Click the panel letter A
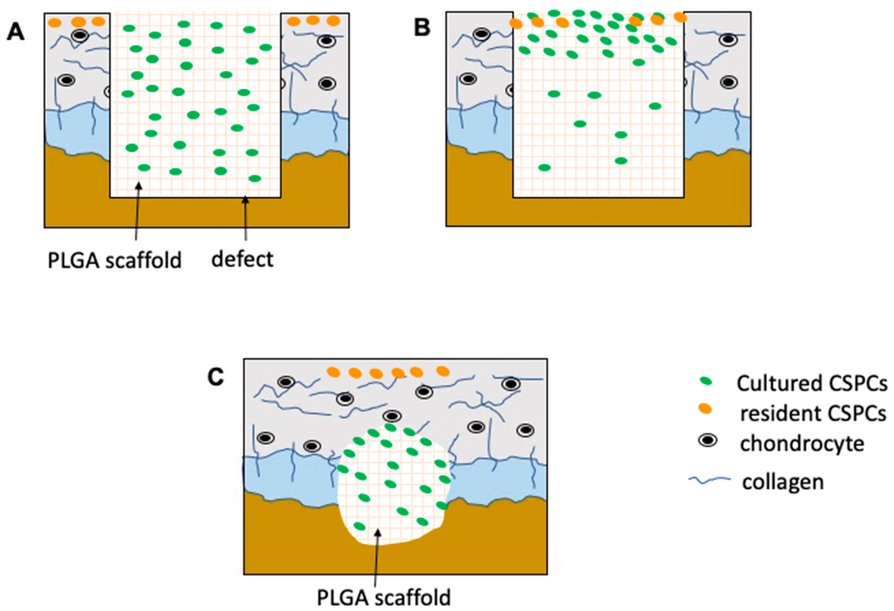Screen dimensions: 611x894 16,32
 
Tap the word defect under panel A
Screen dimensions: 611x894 242,259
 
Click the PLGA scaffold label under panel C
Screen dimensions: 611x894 383,598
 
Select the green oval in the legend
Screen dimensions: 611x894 706,381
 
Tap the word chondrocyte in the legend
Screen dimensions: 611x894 802,444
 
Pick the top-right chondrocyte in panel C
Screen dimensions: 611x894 511,384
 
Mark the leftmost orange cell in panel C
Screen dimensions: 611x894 333,372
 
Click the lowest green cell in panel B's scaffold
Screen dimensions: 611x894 544,167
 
